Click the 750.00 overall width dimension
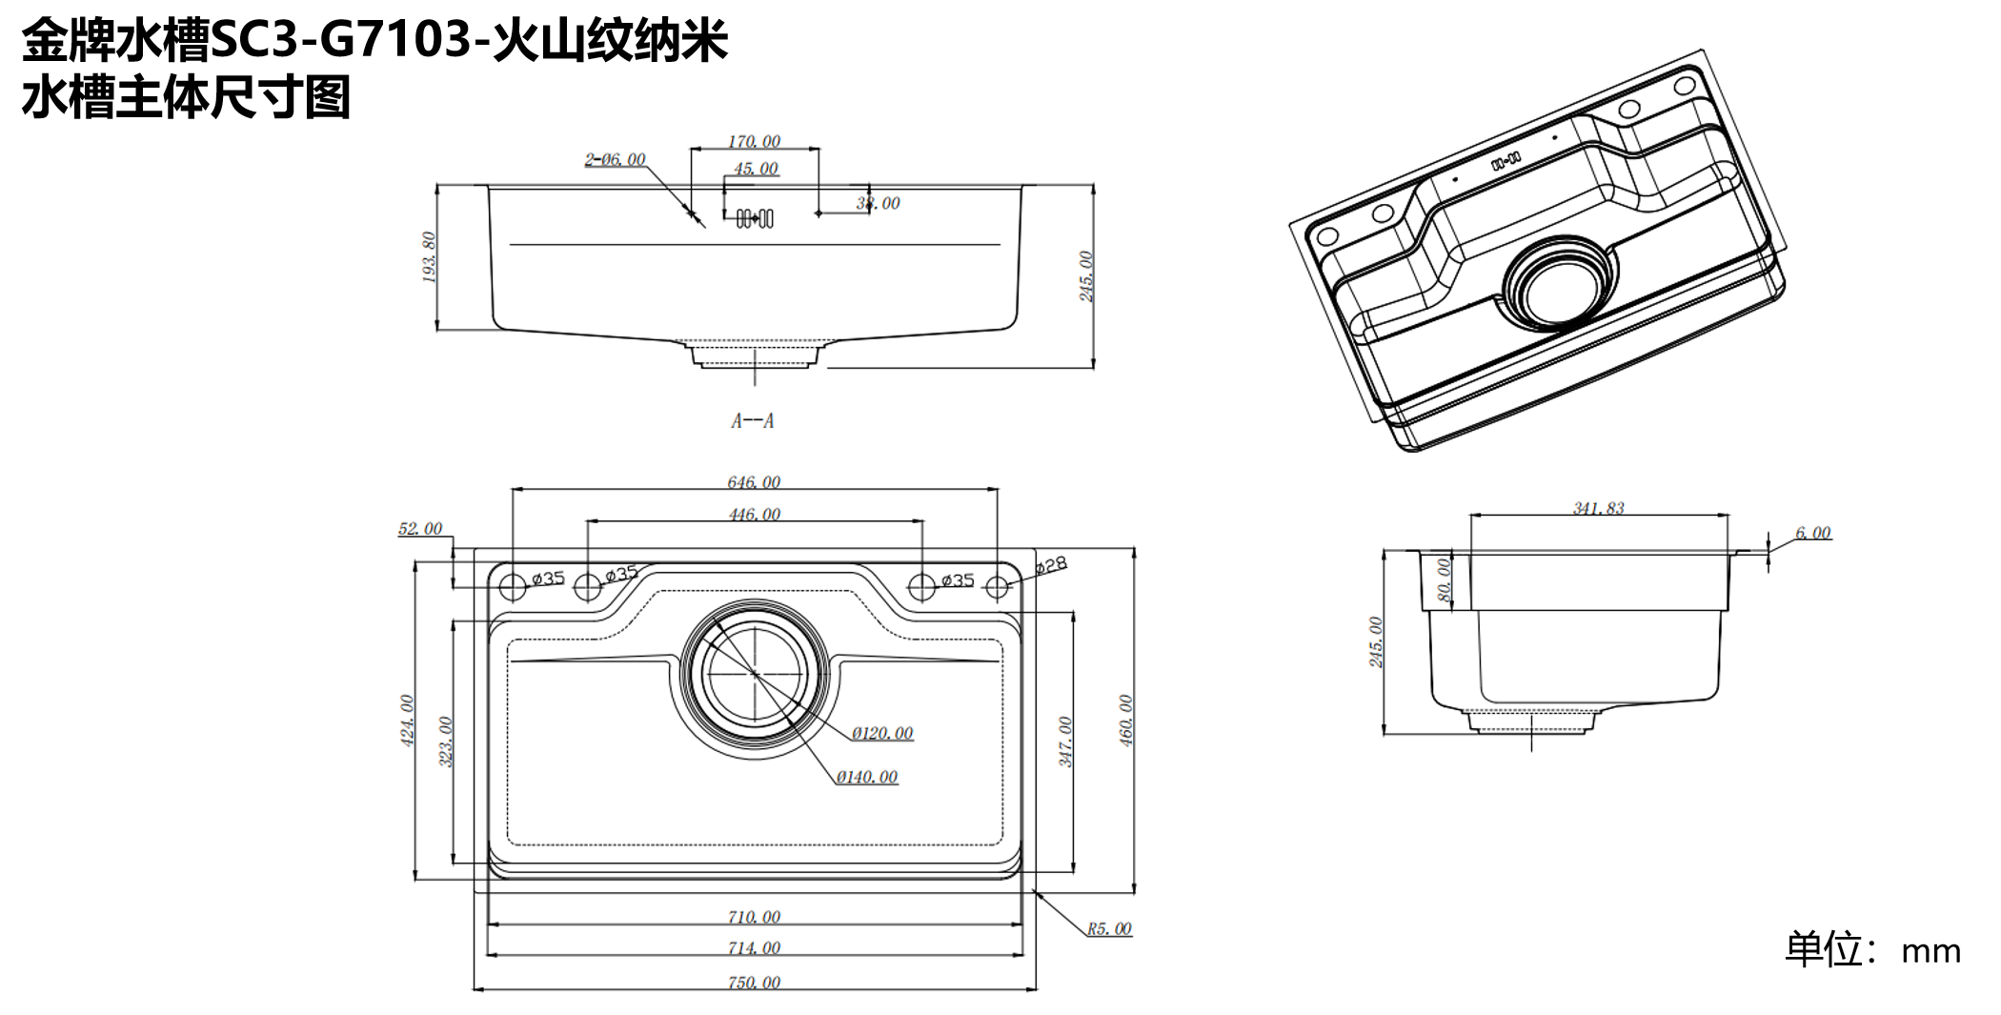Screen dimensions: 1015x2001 point(754,982)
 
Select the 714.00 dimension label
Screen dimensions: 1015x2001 point(754,947)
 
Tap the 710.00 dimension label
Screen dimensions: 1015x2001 point(754,917)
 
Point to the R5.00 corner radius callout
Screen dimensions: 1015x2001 point(1109,928)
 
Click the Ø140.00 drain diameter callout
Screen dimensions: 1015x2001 point(867,777)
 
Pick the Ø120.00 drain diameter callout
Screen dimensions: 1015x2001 point(882,733)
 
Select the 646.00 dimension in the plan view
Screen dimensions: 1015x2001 point(754,482)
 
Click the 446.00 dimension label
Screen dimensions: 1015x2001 point(754,515)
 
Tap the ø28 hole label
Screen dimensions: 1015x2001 point(1050,565)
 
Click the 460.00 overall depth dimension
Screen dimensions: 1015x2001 point(1125,720)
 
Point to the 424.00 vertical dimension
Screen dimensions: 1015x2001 point(407,720)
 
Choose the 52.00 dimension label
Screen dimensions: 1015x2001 point(420,528)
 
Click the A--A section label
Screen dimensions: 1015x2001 point(753,420)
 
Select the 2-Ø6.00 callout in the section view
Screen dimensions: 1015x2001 point(615,159)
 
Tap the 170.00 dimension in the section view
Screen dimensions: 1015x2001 point(754,141)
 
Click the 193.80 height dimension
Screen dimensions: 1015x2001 point(429,257)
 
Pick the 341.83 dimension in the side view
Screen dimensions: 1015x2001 point(1598,508)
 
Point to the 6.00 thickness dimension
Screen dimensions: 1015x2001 point(1813,533)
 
